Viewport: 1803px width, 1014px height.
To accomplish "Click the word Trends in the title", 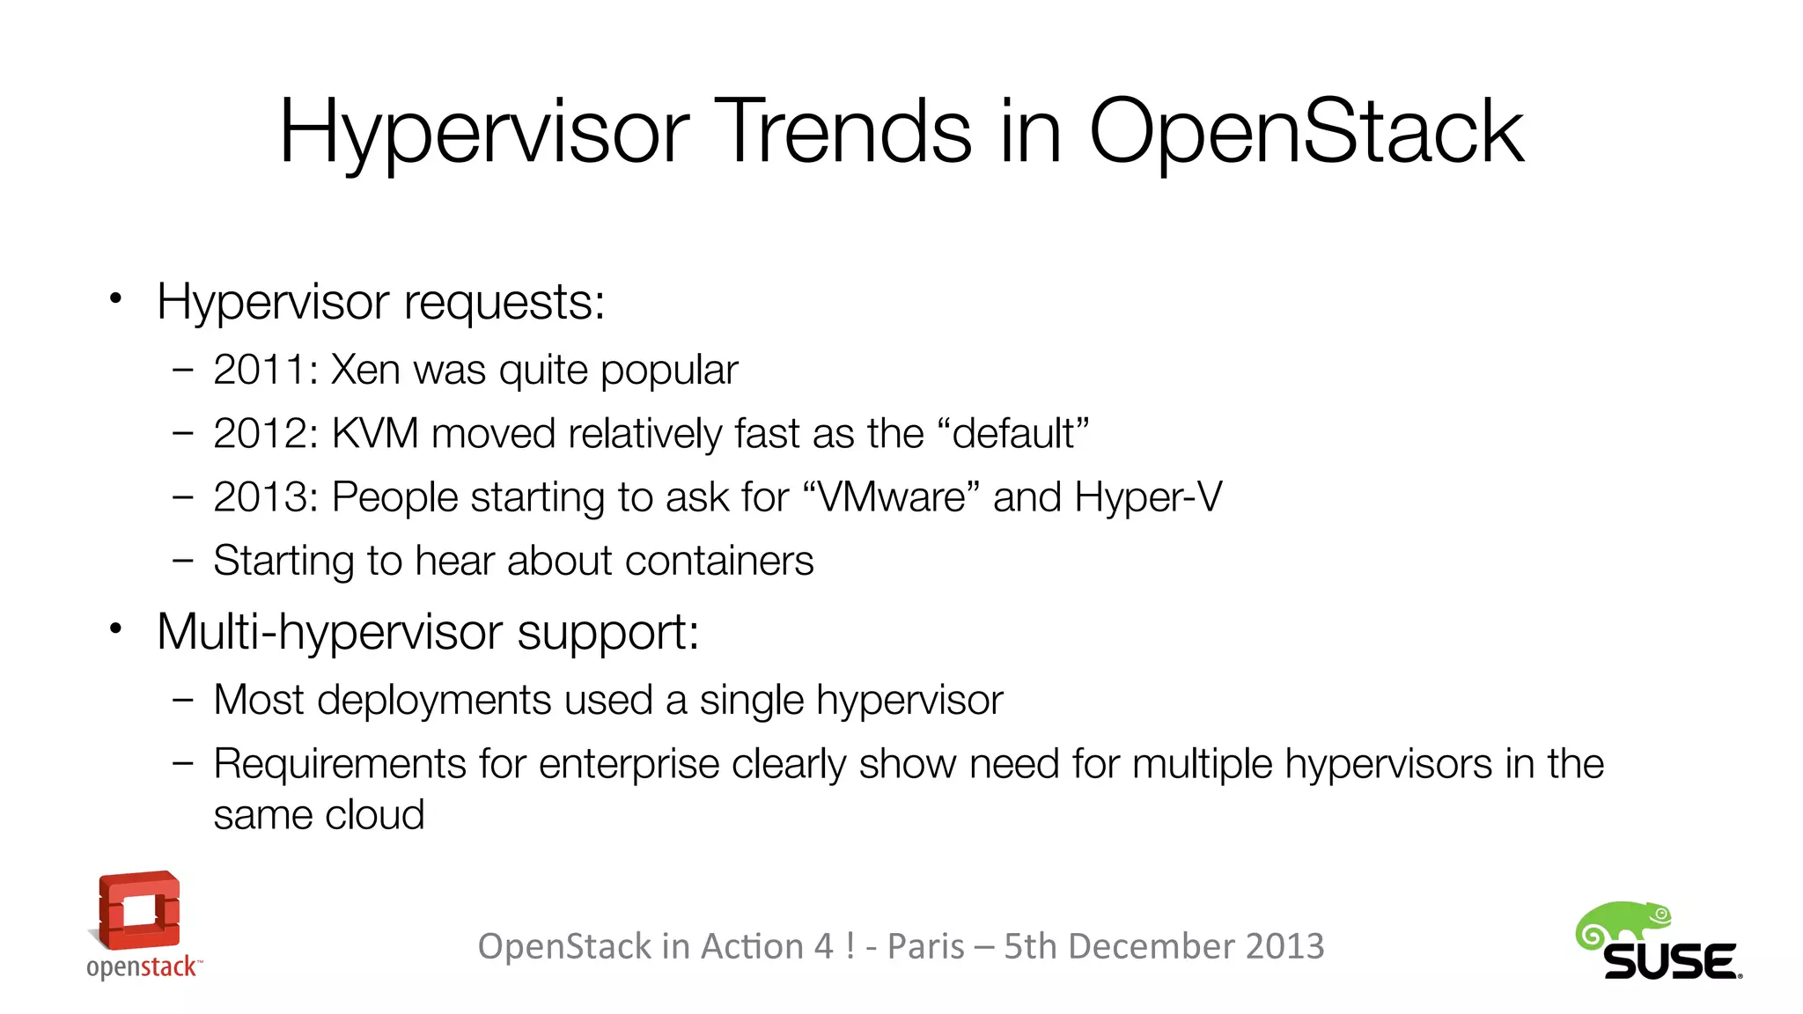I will tap(848, 132).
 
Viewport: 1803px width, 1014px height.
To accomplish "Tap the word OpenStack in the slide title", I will tap(1306, 132).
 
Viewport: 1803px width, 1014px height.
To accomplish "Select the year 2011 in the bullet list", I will tap(260, 370).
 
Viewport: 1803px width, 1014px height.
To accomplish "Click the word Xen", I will tap(364, 370).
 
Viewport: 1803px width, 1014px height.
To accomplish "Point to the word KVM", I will tap(375, 434).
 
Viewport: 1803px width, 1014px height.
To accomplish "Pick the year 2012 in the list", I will tap(260, 434).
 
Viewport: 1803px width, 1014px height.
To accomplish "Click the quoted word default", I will tap(1013, 434).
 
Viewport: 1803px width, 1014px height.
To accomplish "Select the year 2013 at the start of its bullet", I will tap(260, 497).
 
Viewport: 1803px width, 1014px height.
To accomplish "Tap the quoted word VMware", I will tap(891, 497).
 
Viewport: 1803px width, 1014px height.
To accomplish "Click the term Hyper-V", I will tap(1148, 497).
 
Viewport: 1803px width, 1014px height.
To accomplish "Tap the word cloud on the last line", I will tap(373, 815).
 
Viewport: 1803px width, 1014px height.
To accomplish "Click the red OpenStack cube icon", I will tap(139, 910).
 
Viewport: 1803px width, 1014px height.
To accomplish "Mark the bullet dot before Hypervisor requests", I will tap(115, 299).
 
